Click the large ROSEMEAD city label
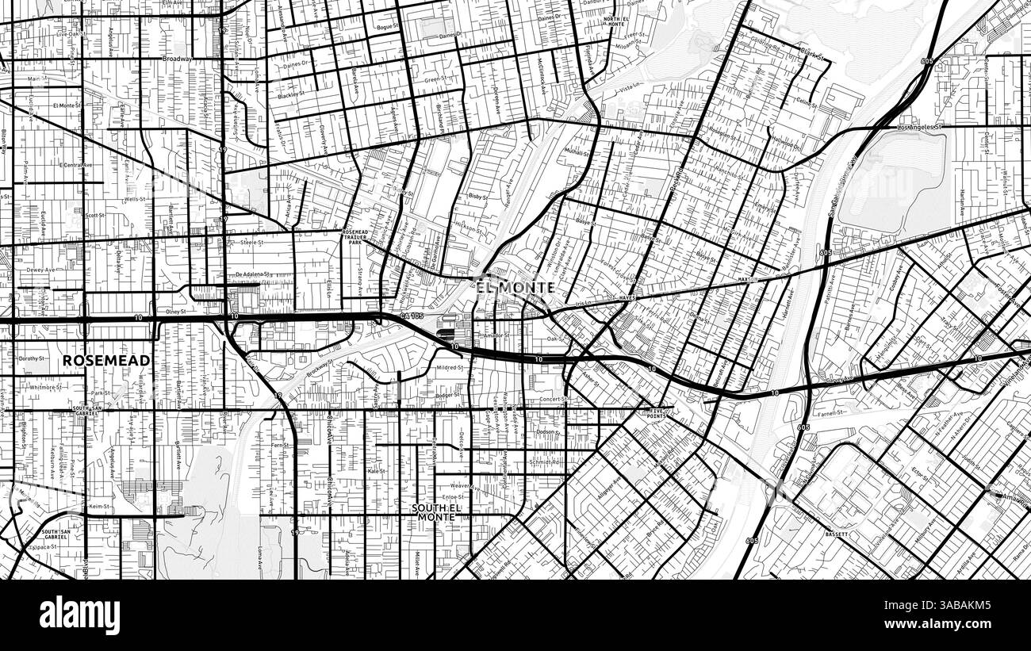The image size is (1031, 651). pyautogui.click(x=106, y=360)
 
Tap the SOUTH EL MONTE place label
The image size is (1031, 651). pyautogui.click(x=433, y=512)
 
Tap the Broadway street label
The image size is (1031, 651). pyautogui.click(x=177, y=59)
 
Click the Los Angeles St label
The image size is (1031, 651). pyautogui.click(x=919, y=127)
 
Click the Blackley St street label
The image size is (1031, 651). pyautogui.click(x=293, y=96)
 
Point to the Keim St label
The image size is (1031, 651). pyautogui.click(x=98, y=506)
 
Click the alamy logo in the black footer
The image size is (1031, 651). pyautogui.click(x=79, y=615)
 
